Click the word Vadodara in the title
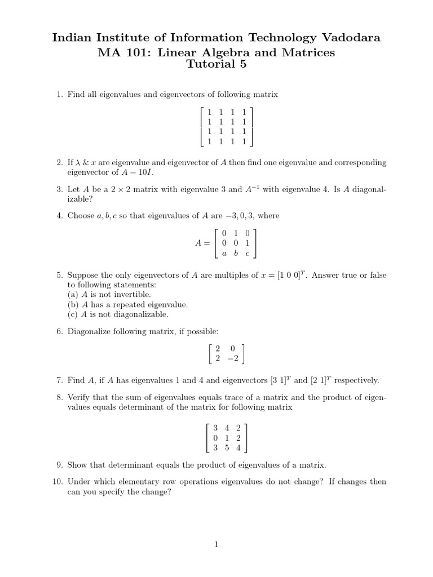350,38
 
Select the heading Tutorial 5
216,64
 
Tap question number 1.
59,95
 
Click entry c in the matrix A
246,253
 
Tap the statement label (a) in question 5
73,294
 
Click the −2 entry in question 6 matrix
232,358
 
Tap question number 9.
59,465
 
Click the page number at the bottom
216,544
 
